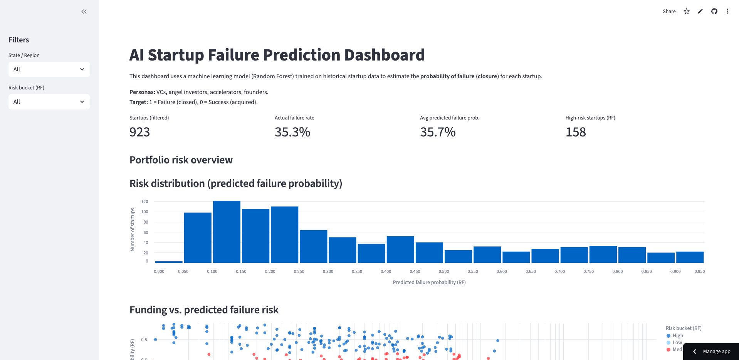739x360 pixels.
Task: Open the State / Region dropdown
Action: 49,69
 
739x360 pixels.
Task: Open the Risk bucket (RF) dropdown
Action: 49,102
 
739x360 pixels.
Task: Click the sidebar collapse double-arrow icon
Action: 84,12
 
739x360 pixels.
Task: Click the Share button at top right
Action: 669,12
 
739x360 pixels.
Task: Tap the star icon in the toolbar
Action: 687,12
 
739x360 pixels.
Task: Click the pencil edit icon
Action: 700,12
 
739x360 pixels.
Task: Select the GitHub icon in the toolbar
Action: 714,12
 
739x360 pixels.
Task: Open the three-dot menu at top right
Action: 727,12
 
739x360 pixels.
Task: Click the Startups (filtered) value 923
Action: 139,132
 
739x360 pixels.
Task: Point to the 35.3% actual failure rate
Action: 292,132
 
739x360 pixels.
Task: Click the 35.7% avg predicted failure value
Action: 438,132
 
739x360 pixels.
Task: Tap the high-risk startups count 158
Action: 576,132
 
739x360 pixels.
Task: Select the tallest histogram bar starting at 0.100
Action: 227,231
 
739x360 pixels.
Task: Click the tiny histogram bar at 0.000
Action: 169,262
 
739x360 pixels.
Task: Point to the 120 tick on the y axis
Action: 144,202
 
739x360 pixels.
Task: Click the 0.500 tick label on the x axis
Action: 444,271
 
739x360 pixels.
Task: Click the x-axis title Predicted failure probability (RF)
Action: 429,282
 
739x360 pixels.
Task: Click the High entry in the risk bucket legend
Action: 677,336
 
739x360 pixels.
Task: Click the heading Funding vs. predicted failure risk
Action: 204,310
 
